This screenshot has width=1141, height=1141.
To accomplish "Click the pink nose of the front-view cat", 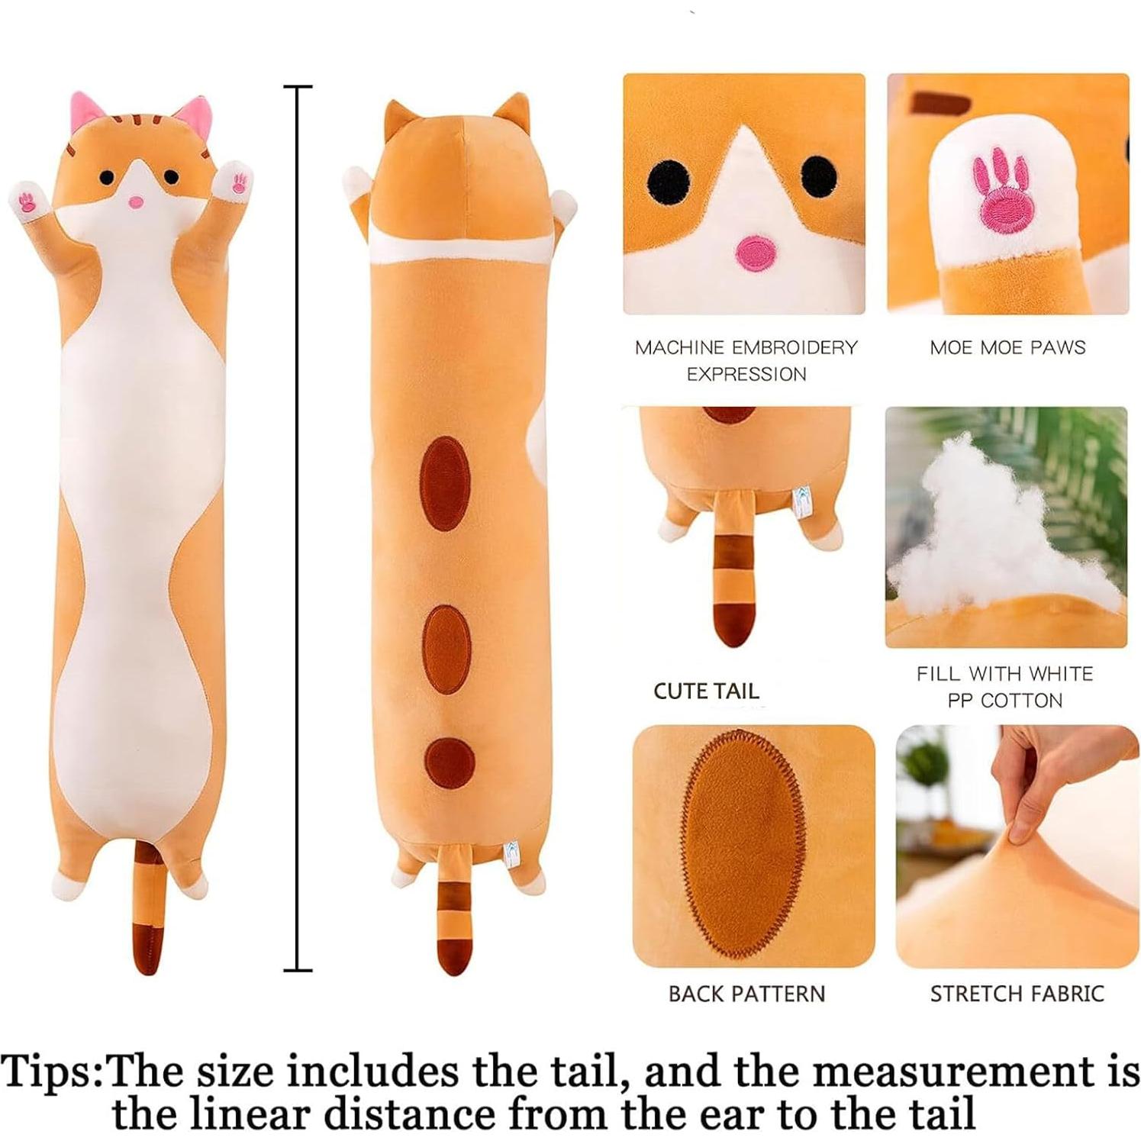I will [x=135, y=202].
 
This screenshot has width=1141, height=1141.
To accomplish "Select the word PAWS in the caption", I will [x=1057, y=348].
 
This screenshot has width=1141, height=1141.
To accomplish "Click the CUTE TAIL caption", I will [x=706, y=691].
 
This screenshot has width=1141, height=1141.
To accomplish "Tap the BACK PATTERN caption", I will [x=746, y=994].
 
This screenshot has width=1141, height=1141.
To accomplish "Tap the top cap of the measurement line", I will [x=298, y=88].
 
